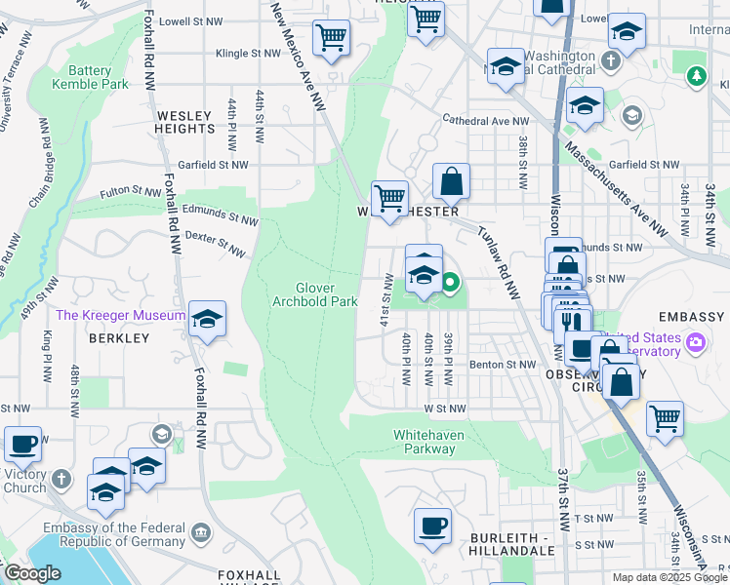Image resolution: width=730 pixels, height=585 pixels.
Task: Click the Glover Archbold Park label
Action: click(x=328, y=294)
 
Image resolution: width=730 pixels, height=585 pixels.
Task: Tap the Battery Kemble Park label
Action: click(x=98, y=78)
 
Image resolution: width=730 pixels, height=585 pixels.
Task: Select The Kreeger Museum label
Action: click(x=120, y=315)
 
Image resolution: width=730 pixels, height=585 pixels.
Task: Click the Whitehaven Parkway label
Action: click(x=425, y=442)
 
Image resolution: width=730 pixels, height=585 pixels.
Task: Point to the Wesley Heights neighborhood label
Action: click(x=184, y=122)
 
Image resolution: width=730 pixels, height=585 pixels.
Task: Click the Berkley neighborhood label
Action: click(x=118, y=338)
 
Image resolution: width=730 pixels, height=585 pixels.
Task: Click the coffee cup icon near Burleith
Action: click(x=432, y=526)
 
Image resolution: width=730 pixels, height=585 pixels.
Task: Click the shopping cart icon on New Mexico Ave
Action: click(x=331, y=38)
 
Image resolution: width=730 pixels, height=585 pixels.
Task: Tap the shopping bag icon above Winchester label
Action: click(x=451, y=180)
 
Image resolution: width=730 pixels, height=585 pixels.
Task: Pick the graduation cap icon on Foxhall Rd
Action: click(x=207, y=319)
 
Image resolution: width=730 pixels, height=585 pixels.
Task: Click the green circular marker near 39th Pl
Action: click(x=450, y=284)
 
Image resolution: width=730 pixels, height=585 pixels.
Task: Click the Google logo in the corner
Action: click(x=31, y=573)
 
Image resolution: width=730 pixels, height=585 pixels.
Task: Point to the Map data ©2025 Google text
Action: click(x=669, y=577)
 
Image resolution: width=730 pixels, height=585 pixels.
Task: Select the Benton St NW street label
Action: click(x=503, y=364)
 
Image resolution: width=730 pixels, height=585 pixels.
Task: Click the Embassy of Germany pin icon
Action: click(x=200, y=532)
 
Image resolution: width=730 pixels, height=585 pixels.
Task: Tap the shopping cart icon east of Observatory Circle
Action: click(x=665, y=417)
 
